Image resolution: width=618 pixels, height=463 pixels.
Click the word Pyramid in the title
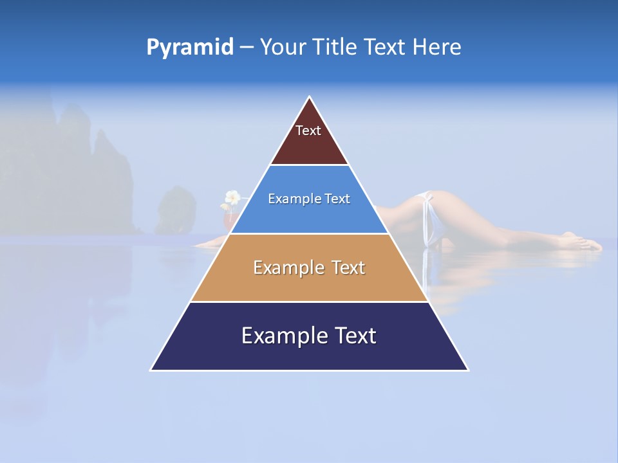pos(190,48)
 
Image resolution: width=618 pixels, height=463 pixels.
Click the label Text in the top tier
pos(308,131)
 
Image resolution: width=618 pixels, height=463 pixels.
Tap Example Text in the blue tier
pos(309,199)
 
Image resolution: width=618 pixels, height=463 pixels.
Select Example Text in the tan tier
pos(309,268)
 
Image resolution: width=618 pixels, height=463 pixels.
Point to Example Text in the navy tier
pos(309,336)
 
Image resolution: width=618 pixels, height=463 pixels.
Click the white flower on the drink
pos(232,197)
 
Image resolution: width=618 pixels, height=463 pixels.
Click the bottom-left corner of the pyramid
pos(151,370)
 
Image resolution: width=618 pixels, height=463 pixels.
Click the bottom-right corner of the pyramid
pos(468,370)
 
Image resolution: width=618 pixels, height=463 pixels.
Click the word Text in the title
pos(384,48)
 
